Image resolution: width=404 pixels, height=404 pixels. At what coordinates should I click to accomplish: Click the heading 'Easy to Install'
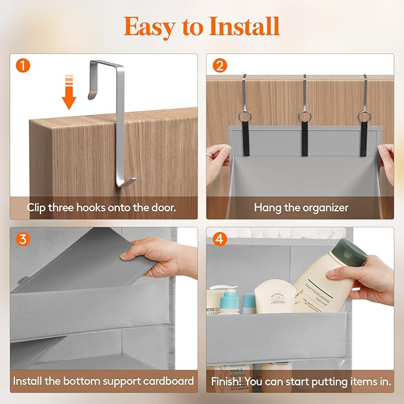point(202,26)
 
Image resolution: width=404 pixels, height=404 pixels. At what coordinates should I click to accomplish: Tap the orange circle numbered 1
point(23,66)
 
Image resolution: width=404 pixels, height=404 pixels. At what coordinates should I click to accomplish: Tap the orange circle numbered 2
point(220,66)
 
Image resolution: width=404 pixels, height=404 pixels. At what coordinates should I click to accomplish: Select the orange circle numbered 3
point(23,239)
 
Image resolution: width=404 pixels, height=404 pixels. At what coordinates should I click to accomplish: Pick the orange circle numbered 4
point(220,240)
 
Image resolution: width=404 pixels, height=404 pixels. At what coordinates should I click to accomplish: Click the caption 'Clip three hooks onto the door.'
point(104,208)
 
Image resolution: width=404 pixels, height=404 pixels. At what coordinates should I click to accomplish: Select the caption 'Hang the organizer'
point(301,208)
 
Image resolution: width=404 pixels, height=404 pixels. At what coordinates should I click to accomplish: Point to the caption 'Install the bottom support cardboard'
point(104,380)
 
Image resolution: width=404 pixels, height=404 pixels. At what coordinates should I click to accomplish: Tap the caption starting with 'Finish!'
point(301,380)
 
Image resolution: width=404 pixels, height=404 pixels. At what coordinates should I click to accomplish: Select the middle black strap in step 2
point(305,140)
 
